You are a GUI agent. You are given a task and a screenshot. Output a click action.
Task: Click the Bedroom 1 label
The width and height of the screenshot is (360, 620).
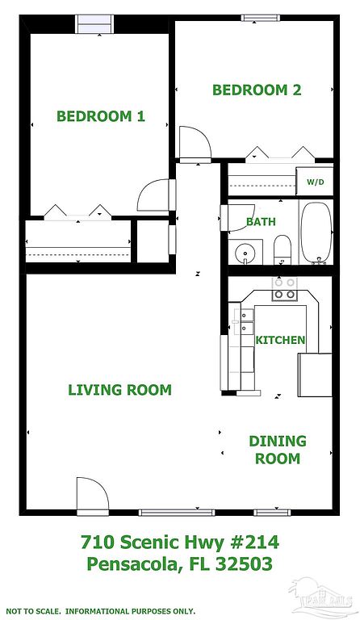pyautogui.click(x=101, y=116)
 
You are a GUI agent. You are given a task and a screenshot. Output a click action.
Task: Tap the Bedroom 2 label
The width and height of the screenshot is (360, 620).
pyautogui.click(x=257, y=90)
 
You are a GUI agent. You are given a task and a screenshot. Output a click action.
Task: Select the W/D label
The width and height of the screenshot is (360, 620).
pyautogui.click(x=316, y=182)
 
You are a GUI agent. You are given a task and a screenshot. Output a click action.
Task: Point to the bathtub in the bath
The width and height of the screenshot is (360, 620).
pyautogui.click(x=316, y=232)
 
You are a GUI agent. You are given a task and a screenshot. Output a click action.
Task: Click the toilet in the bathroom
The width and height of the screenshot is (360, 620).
pyautogui.click(x=283, y=249)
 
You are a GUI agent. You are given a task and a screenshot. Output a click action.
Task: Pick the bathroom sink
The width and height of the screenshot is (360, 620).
pyautogui.click(x=245, y=252)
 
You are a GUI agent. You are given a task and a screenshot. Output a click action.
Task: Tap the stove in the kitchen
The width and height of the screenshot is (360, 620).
pyautogui.click(x=284, y=289)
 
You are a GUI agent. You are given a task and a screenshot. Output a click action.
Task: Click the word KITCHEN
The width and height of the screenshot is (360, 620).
pyautogui.click(x=280, y=340)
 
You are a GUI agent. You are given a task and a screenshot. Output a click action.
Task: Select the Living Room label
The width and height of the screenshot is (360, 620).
pyautogui.click(x=119, y=390)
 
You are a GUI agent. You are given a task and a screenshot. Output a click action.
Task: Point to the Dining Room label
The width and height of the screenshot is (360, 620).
pyautogui.click(x=278, y=450)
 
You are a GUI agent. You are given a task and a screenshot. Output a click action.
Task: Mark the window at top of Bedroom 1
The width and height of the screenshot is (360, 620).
pyautogui.click(x=94, y=24)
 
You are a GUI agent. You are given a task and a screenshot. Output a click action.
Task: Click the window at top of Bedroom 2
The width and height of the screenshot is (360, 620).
pyautogui.click(x=261, y=18)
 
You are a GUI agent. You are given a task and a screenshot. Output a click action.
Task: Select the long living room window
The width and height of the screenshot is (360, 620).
pyautogui.click(x=177, y=513)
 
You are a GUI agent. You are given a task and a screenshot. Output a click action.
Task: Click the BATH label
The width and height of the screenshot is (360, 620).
pyautogui.click(x=261, y=221)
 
